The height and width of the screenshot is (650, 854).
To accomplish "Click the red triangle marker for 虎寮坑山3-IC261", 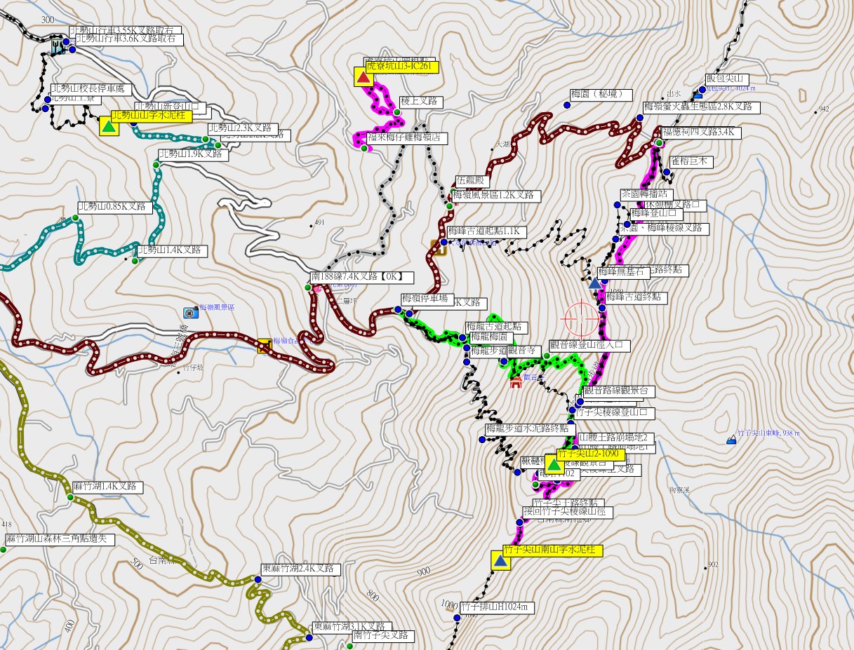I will pos(363,77).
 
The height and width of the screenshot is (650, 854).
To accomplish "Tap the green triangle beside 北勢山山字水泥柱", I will pos(108,126).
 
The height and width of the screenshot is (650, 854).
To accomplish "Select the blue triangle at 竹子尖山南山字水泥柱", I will pos(500,561).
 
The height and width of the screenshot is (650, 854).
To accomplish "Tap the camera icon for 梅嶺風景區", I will pos(189,312).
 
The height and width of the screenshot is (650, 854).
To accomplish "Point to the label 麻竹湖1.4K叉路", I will pos(108,487).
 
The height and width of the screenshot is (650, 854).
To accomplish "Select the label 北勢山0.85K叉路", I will pos(114,208).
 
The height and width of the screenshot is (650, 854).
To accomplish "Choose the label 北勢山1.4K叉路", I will pos(172,250).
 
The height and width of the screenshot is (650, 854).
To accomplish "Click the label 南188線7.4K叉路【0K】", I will pos(362,277).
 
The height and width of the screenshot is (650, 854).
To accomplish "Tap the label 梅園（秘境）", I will pos(601,94).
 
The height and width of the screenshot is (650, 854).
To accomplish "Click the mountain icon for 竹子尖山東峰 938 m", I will pos(732,440).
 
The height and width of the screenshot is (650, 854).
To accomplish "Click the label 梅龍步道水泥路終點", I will pos(531,428).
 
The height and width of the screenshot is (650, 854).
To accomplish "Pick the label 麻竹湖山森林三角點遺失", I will pos(59,539).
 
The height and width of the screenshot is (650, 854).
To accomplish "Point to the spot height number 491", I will pos(319,223).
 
